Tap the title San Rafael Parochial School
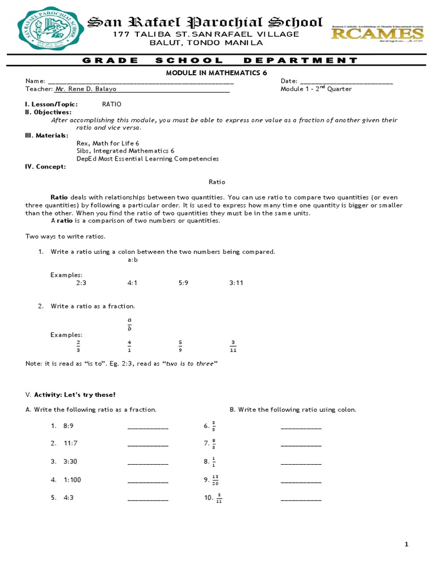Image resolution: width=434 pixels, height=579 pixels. pyautogui.click(x=205, y=23)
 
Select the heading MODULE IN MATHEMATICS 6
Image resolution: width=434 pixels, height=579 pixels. pyautogui.click(x=216, y=73)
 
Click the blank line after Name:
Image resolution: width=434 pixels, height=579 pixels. pyautogui.click(x=141, y=82)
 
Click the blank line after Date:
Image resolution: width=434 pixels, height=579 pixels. pyautogui.click(x=346, y=82)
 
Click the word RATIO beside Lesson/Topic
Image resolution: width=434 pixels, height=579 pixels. pyautogui.click(x=111, y=105)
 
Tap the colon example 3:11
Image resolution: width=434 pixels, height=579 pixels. pyautogui.click(x=236, y=283)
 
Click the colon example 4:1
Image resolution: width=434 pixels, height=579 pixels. pyautogui.click(x=133, y=283)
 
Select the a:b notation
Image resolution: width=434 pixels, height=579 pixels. pyautogui.click(x=133, y=260)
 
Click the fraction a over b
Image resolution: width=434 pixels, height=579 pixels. pyautogui.click(x=129, y=324)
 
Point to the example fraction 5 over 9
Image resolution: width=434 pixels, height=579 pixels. pyautogui.click(x=180, y=346)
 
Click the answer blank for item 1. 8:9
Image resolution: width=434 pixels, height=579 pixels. pyautogui.click(x=148, y=426)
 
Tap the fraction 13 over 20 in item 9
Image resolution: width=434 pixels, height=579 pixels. pyautogui.click(x=215, y=480)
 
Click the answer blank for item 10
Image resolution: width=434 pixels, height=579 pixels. pyautogui.click(x=301, y=499)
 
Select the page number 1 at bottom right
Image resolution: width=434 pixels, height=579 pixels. pyautogui.click(x=406, y=545)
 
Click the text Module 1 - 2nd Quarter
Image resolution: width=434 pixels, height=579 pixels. pyautogui.click(x=316, y=89)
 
